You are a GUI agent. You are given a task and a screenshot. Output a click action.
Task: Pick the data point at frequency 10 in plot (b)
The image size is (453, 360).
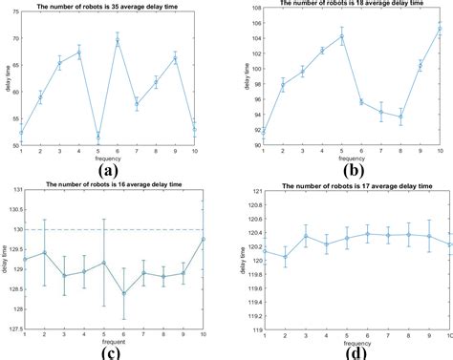pos(440,29)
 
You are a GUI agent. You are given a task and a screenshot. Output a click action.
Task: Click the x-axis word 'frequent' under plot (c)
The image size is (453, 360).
pos(114,341)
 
